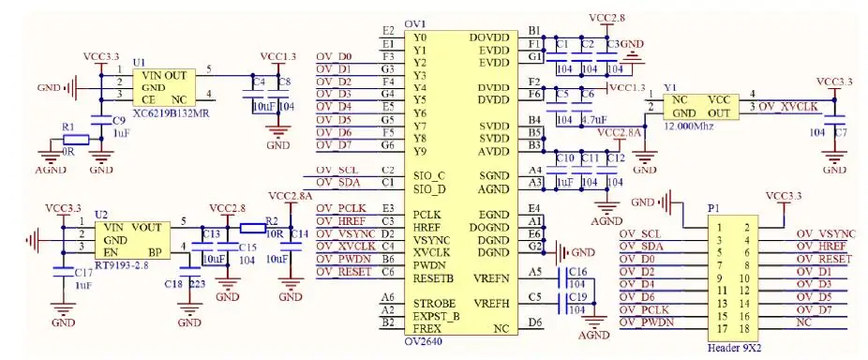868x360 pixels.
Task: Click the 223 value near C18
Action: coord(198,283)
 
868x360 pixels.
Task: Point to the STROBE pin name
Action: coord(435,304)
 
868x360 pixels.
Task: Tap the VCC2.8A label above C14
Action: coord(290,195)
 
